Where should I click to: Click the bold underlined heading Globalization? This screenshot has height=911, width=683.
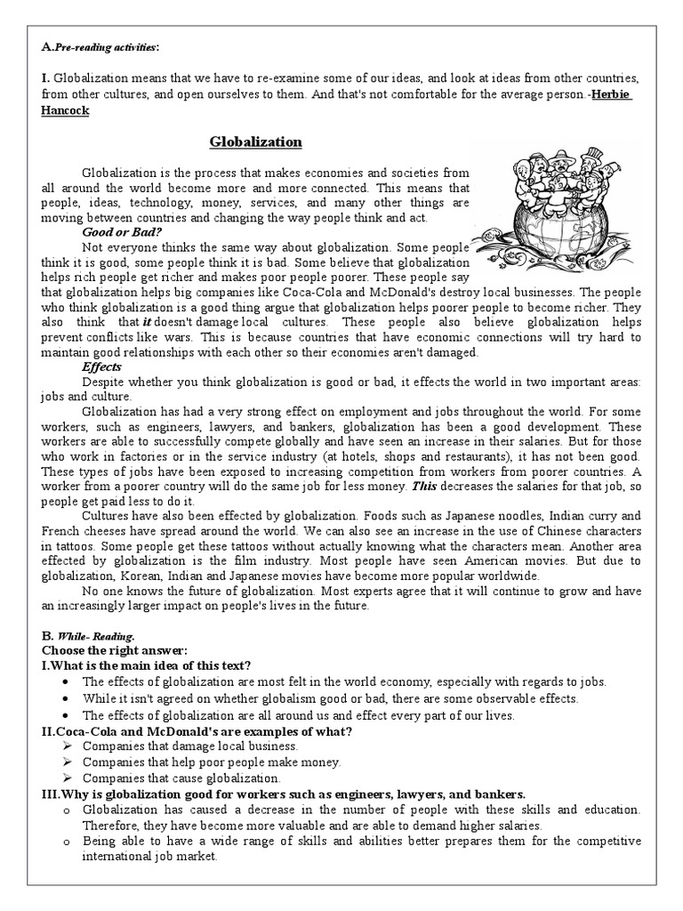pos(256,142)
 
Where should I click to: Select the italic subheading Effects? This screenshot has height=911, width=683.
pos(101,367)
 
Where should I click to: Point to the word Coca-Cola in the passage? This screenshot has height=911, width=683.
pos(301,291)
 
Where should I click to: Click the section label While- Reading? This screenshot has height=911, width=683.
pos(97,637)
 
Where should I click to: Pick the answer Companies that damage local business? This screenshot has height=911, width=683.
pos(190,746)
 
